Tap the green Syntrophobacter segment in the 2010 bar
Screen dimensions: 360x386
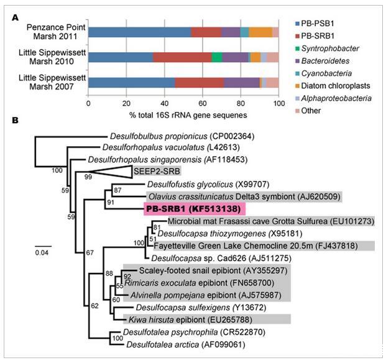[217, 57]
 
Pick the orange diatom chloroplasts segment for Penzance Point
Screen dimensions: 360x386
[260, 32]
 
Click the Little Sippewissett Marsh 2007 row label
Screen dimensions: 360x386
[48, 82]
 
